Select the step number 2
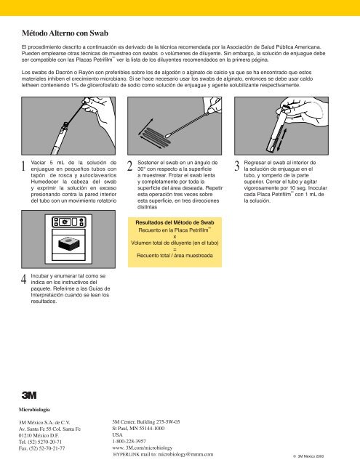tap(129, 167)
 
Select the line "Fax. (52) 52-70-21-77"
tap(47, 449)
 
